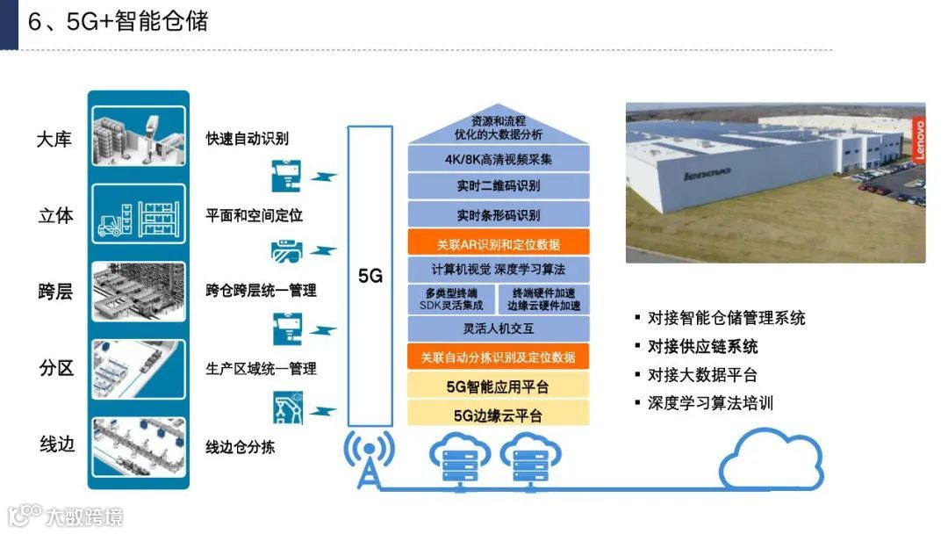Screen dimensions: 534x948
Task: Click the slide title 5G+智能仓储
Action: [x=118, y=22]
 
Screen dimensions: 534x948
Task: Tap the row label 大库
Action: [x=54, y=140]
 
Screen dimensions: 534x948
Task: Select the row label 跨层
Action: [x=54, y=292]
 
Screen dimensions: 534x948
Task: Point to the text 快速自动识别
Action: [x=247, y=139]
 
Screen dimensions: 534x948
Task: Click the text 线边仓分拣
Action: [x=240, y=447]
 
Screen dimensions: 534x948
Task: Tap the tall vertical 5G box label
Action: [x=370, y=275]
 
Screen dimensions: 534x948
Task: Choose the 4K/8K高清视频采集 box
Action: [x=498, y=160]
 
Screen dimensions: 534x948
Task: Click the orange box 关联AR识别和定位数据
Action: [x=498, y=243]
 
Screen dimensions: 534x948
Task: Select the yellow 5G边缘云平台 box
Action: [x=498, y=415]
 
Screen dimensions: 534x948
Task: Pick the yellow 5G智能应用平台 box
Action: [x=498, y=386]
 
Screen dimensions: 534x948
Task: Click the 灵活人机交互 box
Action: [x=498, y=328]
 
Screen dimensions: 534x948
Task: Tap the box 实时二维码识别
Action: [x=498, y=186]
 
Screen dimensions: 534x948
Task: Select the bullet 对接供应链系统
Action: [x=702, y=346]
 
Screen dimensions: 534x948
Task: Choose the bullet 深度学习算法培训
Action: [x=710, y=403]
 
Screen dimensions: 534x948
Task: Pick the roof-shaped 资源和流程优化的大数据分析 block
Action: [x=498, y=128]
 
